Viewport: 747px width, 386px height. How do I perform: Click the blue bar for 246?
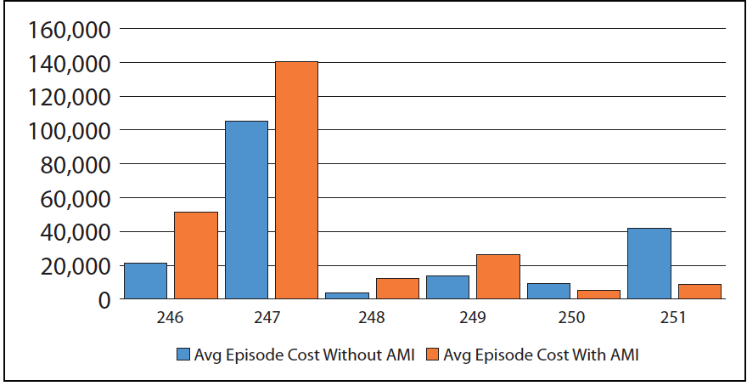click(x=145, y=281)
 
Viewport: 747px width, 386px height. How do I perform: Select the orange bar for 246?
click(x=196, y=256)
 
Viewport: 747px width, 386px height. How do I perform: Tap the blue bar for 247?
click(x=246, y=210)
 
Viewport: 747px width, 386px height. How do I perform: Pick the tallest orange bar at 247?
click(x=296, y=180)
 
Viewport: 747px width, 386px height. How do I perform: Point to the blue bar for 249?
click(x=448, y=287)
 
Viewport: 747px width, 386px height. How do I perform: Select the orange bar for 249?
click(x=498, y=277)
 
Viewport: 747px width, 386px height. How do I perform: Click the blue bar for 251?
click(x=649, y=264)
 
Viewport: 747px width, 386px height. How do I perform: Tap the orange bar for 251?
click(x=699, y=292)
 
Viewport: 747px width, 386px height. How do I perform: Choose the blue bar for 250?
click(x=548, y=292)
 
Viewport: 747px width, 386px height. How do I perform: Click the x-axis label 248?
click(x=372, y=318)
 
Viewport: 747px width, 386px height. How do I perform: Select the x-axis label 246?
click(x=170, y=318)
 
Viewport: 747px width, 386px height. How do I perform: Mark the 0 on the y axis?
click(x=104, y=300)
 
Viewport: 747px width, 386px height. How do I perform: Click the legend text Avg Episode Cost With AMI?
click(x=541, y=355)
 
